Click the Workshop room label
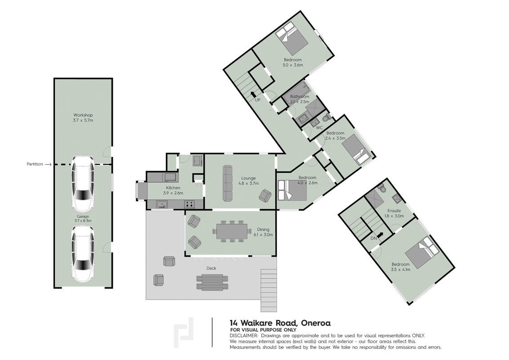[83, 115]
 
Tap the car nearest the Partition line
[83, 183]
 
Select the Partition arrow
[48, 164]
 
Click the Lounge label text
[248, 178]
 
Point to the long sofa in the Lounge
[228, 183]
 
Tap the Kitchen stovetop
[189, 204]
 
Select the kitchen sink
[162, 204]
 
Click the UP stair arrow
[253, 94]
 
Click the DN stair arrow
[380, 234]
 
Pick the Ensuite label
[394, 211]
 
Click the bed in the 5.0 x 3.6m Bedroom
[291, 38]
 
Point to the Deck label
[211, 268]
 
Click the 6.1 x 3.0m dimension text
[263, 234]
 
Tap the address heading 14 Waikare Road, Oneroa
[280, 323]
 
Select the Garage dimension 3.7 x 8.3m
[83, 221]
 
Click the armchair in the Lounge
[265, 195]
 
